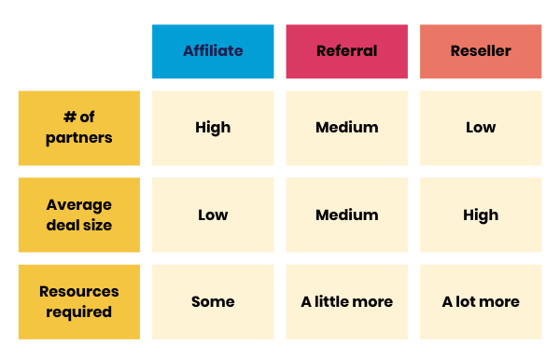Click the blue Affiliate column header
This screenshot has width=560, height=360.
[213, 51]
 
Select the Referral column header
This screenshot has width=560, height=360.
[346, 51]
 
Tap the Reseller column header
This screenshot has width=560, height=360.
[480, 51]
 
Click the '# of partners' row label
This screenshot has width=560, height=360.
[78, 128]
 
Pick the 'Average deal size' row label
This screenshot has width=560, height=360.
[78, 215]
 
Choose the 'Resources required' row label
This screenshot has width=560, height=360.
[78, 301]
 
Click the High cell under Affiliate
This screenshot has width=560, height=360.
[213, 128]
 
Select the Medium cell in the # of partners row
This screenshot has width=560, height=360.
[346, 128]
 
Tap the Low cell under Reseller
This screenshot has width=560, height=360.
[480, 128]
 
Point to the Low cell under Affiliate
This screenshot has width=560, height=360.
[213, 215]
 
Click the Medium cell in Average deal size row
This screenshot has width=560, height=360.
[346, 215]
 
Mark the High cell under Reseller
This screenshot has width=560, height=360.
[480, 215]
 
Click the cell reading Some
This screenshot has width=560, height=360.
[213, 301]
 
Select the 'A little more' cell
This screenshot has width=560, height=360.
[346, 301]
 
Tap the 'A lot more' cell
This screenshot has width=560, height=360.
[480, 301]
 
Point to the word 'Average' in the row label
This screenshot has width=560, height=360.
[78, 205]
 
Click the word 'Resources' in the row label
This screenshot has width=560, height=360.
[78, 291]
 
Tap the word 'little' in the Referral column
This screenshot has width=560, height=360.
[335, 301]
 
